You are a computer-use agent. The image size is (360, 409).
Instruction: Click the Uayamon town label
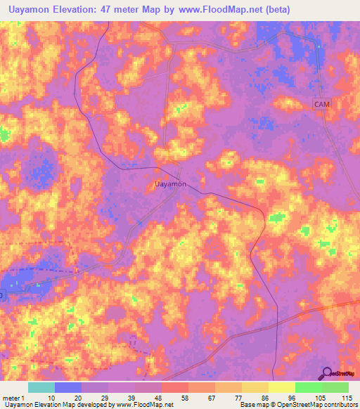169,183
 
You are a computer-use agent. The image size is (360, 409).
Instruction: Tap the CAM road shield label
322,104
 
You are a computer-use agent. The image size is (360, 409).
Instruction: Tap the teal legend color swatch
41,387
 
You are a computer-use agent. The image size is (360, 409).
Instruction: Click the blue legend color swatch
68,387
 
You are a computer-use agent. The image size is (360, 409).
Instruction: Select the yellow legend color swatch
282,387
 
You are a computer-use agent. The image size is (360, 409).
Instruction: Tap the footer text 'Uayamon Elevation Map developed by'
58,405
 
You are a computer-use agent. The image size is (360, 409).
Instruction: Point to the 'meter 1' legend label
13,397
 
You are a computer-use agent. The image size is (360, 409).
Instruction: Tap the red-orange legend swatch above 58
175,387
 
